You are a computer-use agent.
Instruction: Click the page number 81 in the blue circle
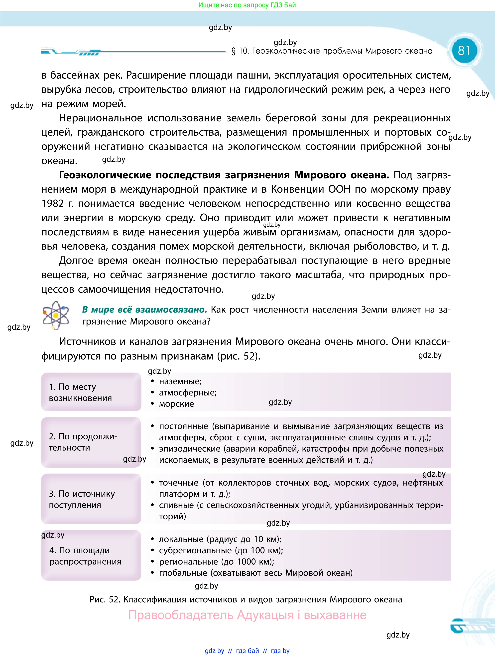click(x=464, y=50)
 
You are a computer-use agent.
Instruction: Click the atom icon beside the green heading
click(x=55, y=316)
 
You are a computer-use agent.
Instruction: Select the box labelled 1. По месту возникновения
click(x=91, y=392)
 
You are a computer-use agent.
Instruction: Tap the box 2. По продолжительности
click(x=91, y=442)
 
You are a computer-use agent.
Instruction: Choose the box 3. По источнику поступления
click(x=91, y=499)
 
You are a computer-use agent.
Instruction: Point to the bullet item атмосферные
click(x=187, y=393)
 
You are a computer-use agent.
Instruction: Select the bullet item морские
click(x=176, y=404)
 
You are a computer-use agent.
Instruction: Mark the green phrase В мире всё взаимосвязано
click(x=144, y=310)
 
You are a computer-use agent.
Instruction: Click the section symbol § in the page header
click(x=234, y=51)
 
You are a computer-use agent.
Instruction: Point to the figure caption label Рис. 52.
click(x=104, y=599)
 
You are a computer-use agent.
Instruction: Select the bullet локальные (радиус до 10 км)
click(x=220, y=539)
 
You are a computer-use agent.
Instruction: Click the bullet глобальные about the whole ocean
click(x=255, y=573)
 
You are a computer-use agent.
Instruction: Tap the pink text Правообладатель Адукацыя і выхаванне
click(x=247, y=615)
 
